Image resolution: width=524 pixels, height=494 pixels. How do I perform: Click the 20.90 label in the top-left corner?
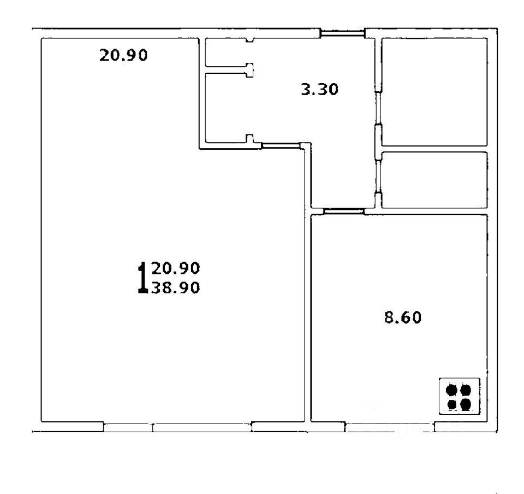coord(123,55)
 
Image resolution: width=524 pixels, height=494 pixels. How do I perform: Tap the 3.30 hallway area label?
coord(320,89)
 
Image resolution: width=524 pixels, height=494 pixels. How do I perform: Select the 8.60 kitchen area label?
coord(403,317)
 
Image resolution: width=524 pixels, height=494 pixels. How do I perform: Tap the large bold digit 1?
coord(142,277)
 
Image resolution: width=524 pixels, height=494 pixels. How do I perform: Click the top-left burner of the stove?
coord(451,390)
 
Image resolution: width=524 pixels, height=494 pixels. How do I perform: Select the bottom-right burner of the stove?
coord(466,404)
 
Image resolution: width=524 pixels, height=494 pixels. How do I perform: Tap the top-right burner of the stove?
coord(466,390)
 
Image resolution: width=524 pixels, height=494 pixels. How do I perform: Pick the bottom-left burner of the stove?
coord(451,404)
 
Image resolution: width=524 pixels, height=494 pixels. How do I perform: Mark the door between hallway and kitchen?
coord(343,211)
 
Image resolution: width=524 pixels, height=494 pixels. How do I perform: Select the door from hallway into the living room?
coord(282,146)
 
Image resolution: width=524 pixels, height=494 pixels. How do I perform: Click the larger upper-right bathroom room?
coord(433,91)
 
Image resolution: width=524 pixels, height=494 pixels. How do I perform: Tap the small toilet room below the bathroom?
coord(433,180)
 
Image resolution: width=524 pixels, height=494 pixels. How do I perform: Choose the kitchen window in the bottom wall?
coord(390,427)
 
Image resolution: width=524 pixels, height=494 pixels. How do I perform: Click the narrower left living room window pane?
coord(128,427)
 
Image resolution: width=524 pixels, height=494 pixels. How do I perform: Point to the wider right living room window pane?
coord(202,427)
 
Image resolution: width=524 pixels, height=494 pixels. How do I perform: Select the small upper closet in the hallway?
coord(225,53)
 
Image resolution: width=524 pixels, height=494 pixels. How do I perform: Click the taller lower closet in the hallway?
coord(225,107)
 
